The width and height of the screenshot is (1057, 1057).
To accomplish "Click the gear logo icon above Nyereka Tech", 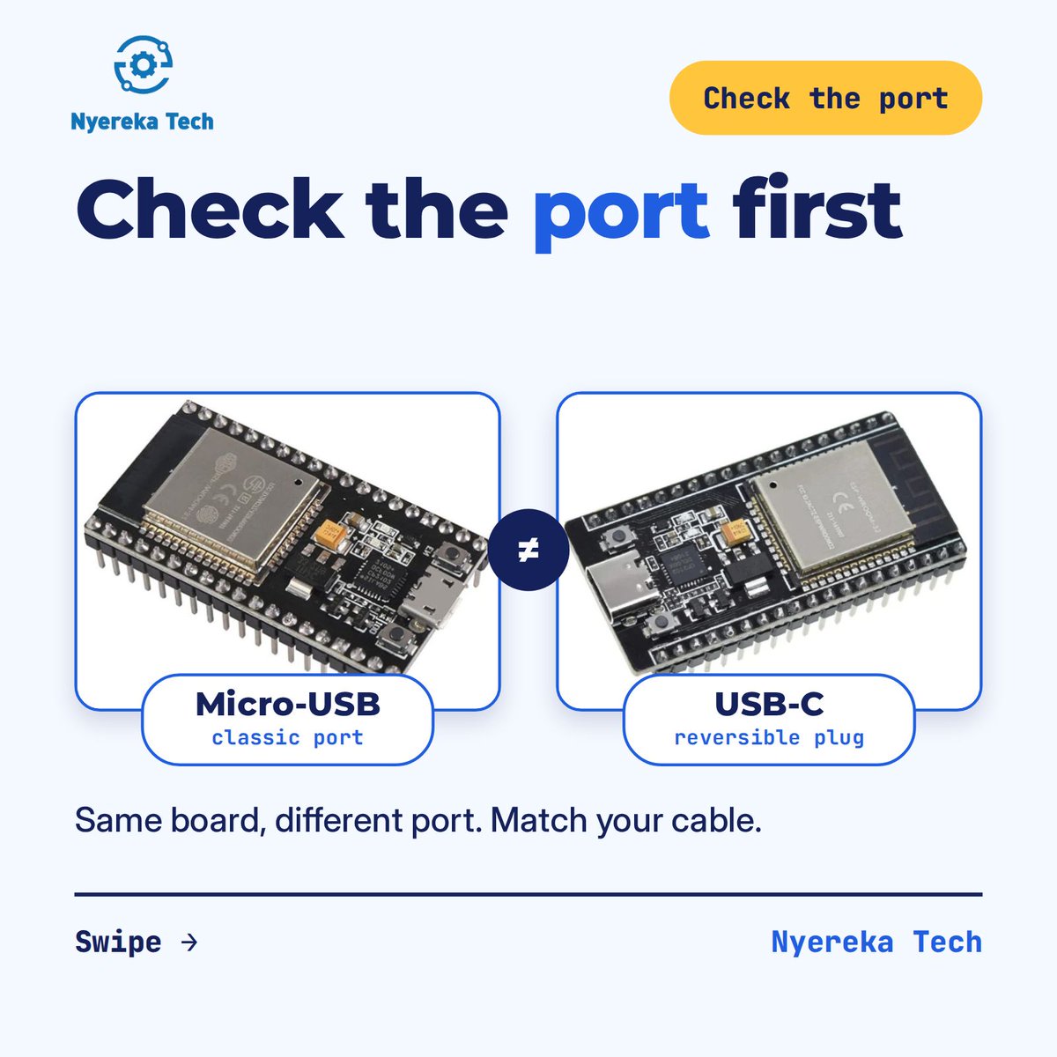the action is click(x=144, y=64).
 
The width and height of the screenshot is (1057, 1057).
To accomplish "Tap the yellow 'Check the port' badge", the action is click(x=825, y=98).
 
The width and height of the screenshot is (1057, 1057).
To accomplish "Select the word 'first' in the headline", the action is click(x=817, y=207).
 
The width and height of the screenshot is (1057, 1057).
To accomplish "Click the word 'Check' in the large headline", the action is click(x=211, y=209).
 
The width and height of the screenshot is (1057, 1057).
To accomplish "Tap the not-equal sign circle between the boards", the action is click(x=528, y=550).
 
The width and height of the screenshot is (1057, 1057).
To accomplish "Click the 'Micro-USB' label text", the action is click(x=288, y=704).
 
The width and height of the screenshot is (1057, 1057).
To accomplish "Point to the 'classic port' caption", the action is click(x=287, y=738).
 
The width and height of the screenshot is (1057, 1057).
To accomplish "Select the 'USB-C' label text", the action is click(x=769, y=704).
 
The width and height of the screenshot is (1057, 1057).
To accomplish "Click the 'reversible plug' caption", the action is click(x=769, y=738).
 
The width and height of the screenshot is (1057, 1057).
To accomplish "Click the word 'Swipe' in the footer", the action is click(x=119, y=942).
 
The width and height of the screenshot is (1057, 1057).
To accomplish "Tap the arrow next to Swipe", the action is click(x=189, y=942).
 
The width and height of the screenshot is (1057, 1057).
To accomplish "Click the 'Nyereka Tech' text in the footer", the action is click(x=876, y=942).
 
